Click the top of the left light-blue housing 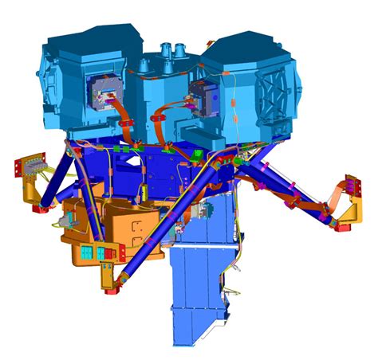tap(88, 36)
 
